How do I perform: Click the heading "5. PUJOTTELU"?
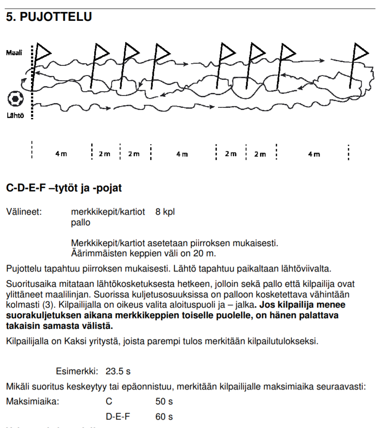coord(49,18)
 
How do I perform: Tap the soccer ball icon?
coord(16,99)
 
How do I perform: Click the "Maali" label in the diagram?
coord(14,53)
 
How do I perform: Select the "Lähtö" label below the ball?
coord(14,115)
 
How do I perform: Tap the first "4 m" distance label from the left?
coord(61,154)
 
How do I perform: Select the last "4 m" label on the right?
coord(314,154)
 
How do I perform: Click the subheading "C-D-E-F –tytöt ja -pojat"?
coord(64,188)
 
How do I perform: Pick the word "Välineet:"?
coord(24,212)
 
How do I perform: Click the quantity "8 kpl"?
coord(165,212)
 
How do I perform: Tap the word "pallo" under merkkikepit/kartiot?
coord(81,222)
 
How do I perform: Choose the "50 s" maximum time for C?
coord(164,401)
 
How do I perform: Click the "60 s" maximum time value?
coord(164,417)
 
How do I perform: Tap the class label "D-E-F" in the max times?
coord(118,417)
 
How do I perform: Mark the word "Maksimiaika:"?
coord(33,401)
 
